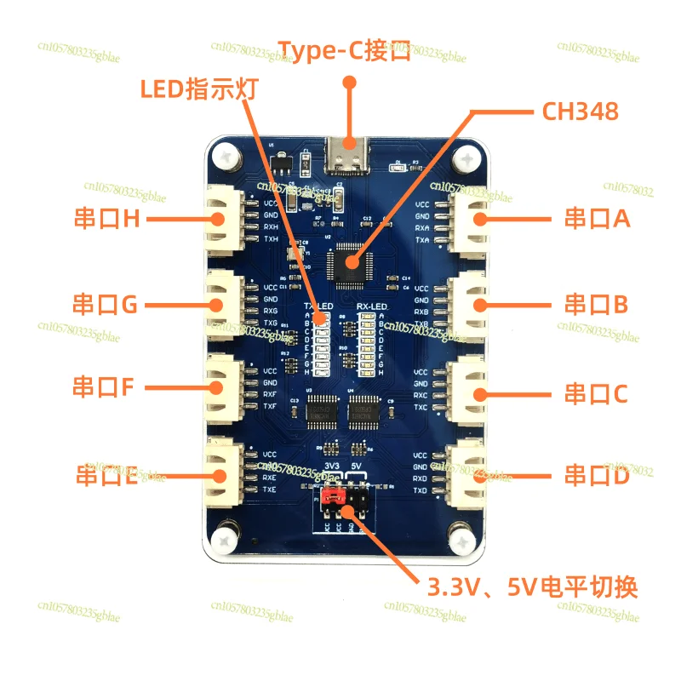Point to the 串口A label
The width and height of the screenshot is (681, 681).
pos(597,219)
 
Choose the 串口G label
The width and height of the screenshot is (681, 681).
pos(105,303)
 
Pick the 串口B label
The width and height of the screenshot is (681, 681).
pos(597,303)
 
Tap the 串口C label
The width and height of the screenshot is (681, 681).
pos(597,394)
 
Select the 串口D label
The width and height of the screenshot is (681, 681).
pos(597,477)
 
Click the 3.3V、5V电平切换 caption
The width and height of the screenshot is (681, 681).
pos(532,587)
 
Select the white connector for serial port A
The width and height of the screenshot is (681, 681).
pos(471,220)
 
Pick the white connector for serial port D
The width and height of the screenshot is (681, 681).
pos(471,474)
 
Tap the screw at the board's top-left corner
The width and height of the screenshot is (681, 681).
pos(226,157)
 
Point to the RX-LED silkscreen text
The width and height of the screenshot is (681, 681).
pos(372,305)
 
